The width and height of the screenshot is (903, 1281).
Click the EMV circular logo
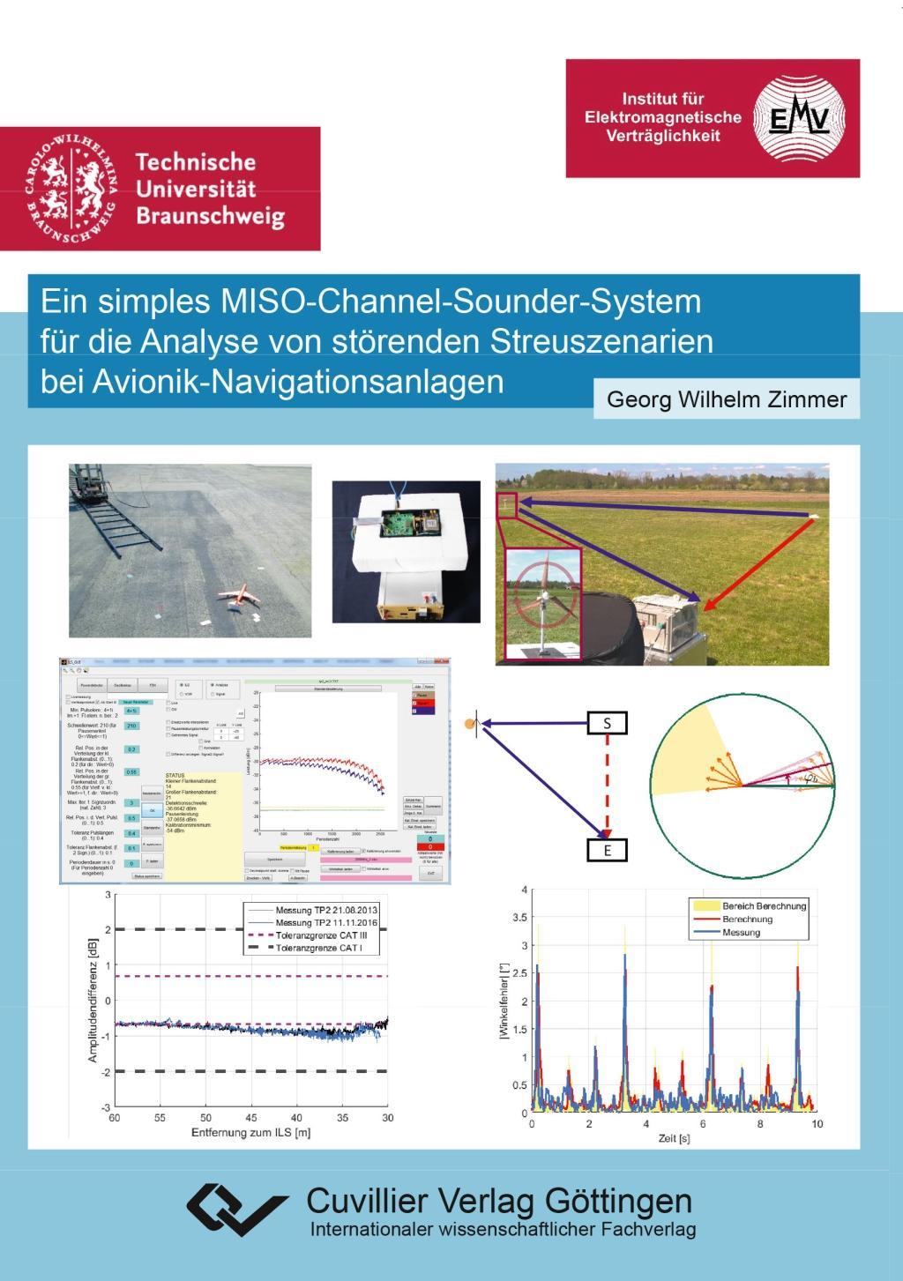(x=800, y=118)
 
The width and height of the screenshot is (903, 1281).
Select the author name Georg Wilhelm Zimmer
(x=726, y=399)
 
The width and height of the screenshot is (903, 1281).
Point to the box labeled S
(x=607, y=724)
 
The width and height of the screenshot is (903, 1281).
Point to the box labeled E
(x=607, y=851)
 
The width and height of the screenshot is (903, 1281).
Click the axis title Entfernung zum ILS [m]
(x=250, y=1133)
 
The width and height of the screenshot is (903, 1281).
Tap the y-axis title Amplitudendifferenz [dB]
(x=93, y=1000)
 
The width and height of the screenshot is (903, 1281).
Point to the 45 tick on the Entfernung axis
(x=251, y=1117)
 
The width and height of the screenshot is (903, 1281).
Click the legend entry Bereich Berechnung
(x=764, y=905)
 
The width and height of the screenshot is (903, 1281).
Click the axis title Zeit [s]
(x=674, y=1138)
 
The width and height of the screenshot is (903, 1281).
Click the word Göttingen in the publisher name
(x=618, y=1201)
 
